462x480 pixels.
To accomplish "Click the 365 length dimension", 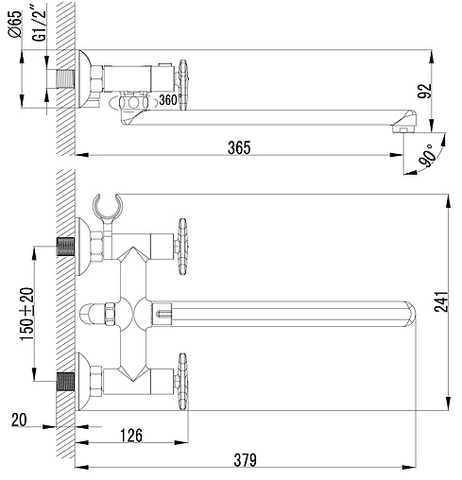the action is (x=239, y=147).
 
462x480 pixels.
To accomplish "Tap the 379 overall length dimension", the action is (x=245, y=460).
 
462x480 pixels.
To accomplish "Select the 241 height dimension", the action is (x=441, y=301).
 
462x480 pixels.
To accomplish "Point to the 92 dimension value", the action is (x=424, y=92).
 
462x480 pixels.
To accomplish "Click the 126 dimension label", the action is (x=131, y=436).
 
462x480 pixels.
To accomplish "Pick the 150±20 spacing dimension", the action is (x=26, y=314).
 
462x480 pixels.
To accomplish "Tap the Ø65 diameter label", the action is (x=16, y=25).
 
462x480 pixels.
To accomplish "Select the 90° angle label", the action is (x=427, y=156).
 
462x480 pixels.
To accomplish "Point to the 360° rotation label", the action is (x=168, y=100).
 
